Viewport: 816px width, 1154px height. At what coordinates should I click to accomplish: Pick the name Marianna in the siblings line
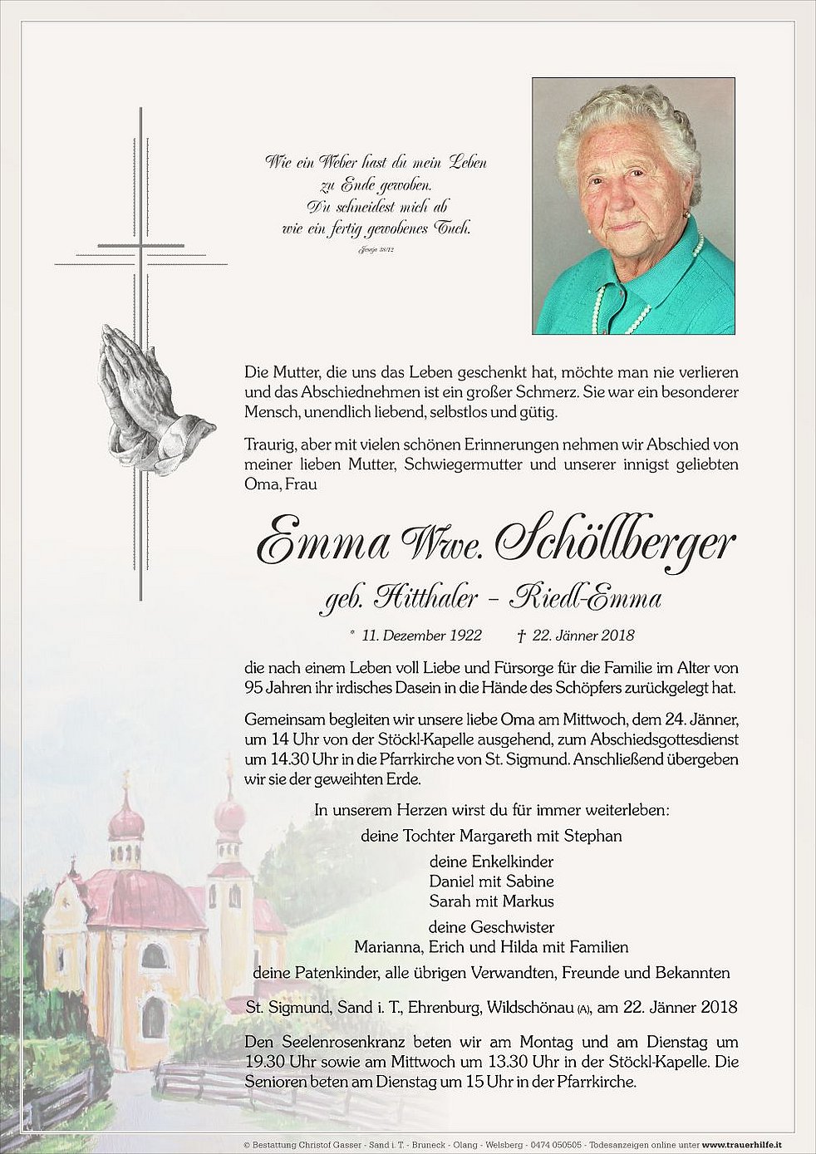387,946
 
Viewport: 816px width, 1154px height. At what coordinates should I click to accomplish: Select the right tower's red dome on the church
229,818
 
